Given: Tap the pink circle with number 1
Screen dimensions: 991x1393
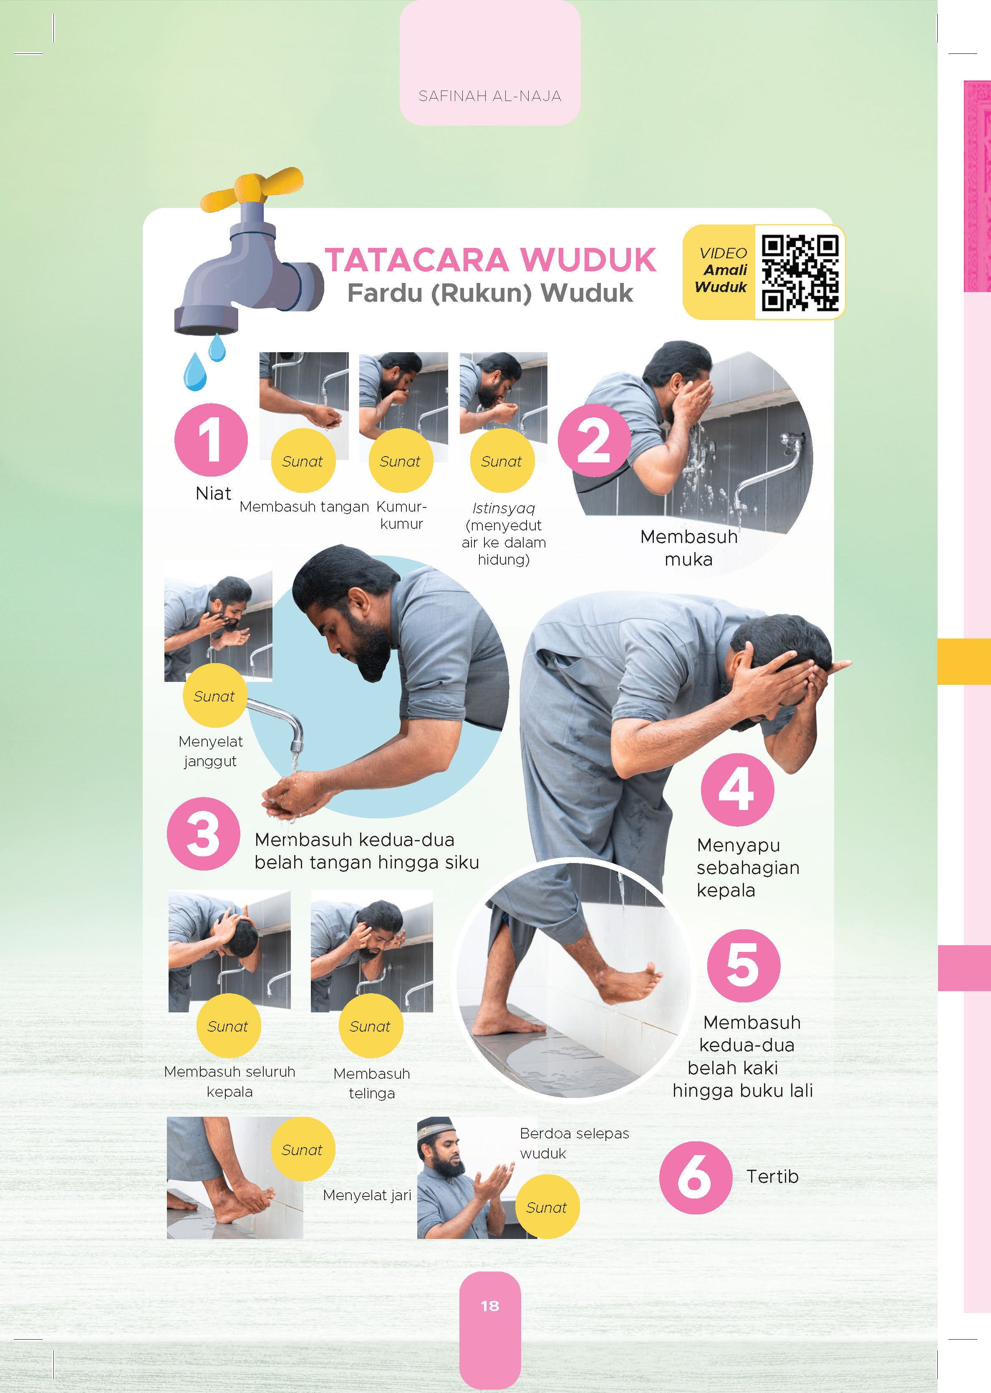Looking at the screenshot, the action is [211, 440].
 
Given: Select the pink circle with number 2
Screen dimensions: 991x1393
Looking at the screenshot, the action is [594, 440].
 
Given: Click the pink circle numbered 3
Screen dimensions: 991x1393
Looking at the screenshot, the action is [204, 833].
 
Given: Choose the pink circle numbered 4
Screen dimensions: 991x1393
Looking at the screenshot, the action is [737, 790].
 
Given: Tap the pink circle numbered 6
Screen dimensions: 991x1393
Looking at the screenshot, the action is [696, 1177].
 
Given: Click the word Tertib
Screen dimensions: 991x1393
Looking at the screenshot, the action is [772, 1176].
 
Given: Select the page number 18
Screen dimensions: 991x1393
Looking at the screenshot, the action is [490, 1306].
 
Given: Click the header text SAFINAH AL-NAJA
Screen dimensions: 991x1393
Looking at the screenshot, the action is [490, 96].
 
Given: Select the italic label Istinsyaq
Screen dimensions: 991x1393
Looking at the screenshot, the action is [504, 508].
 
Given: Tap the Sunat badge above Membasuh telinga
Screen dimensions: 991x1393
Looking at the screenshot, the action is [371, 1026].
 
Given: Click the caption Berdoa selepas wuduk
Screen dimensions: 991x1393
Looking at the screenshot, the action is [574, 1143].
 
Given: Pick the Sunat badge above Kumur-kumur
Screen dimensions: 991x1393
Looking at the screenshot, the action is [400, 461].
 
